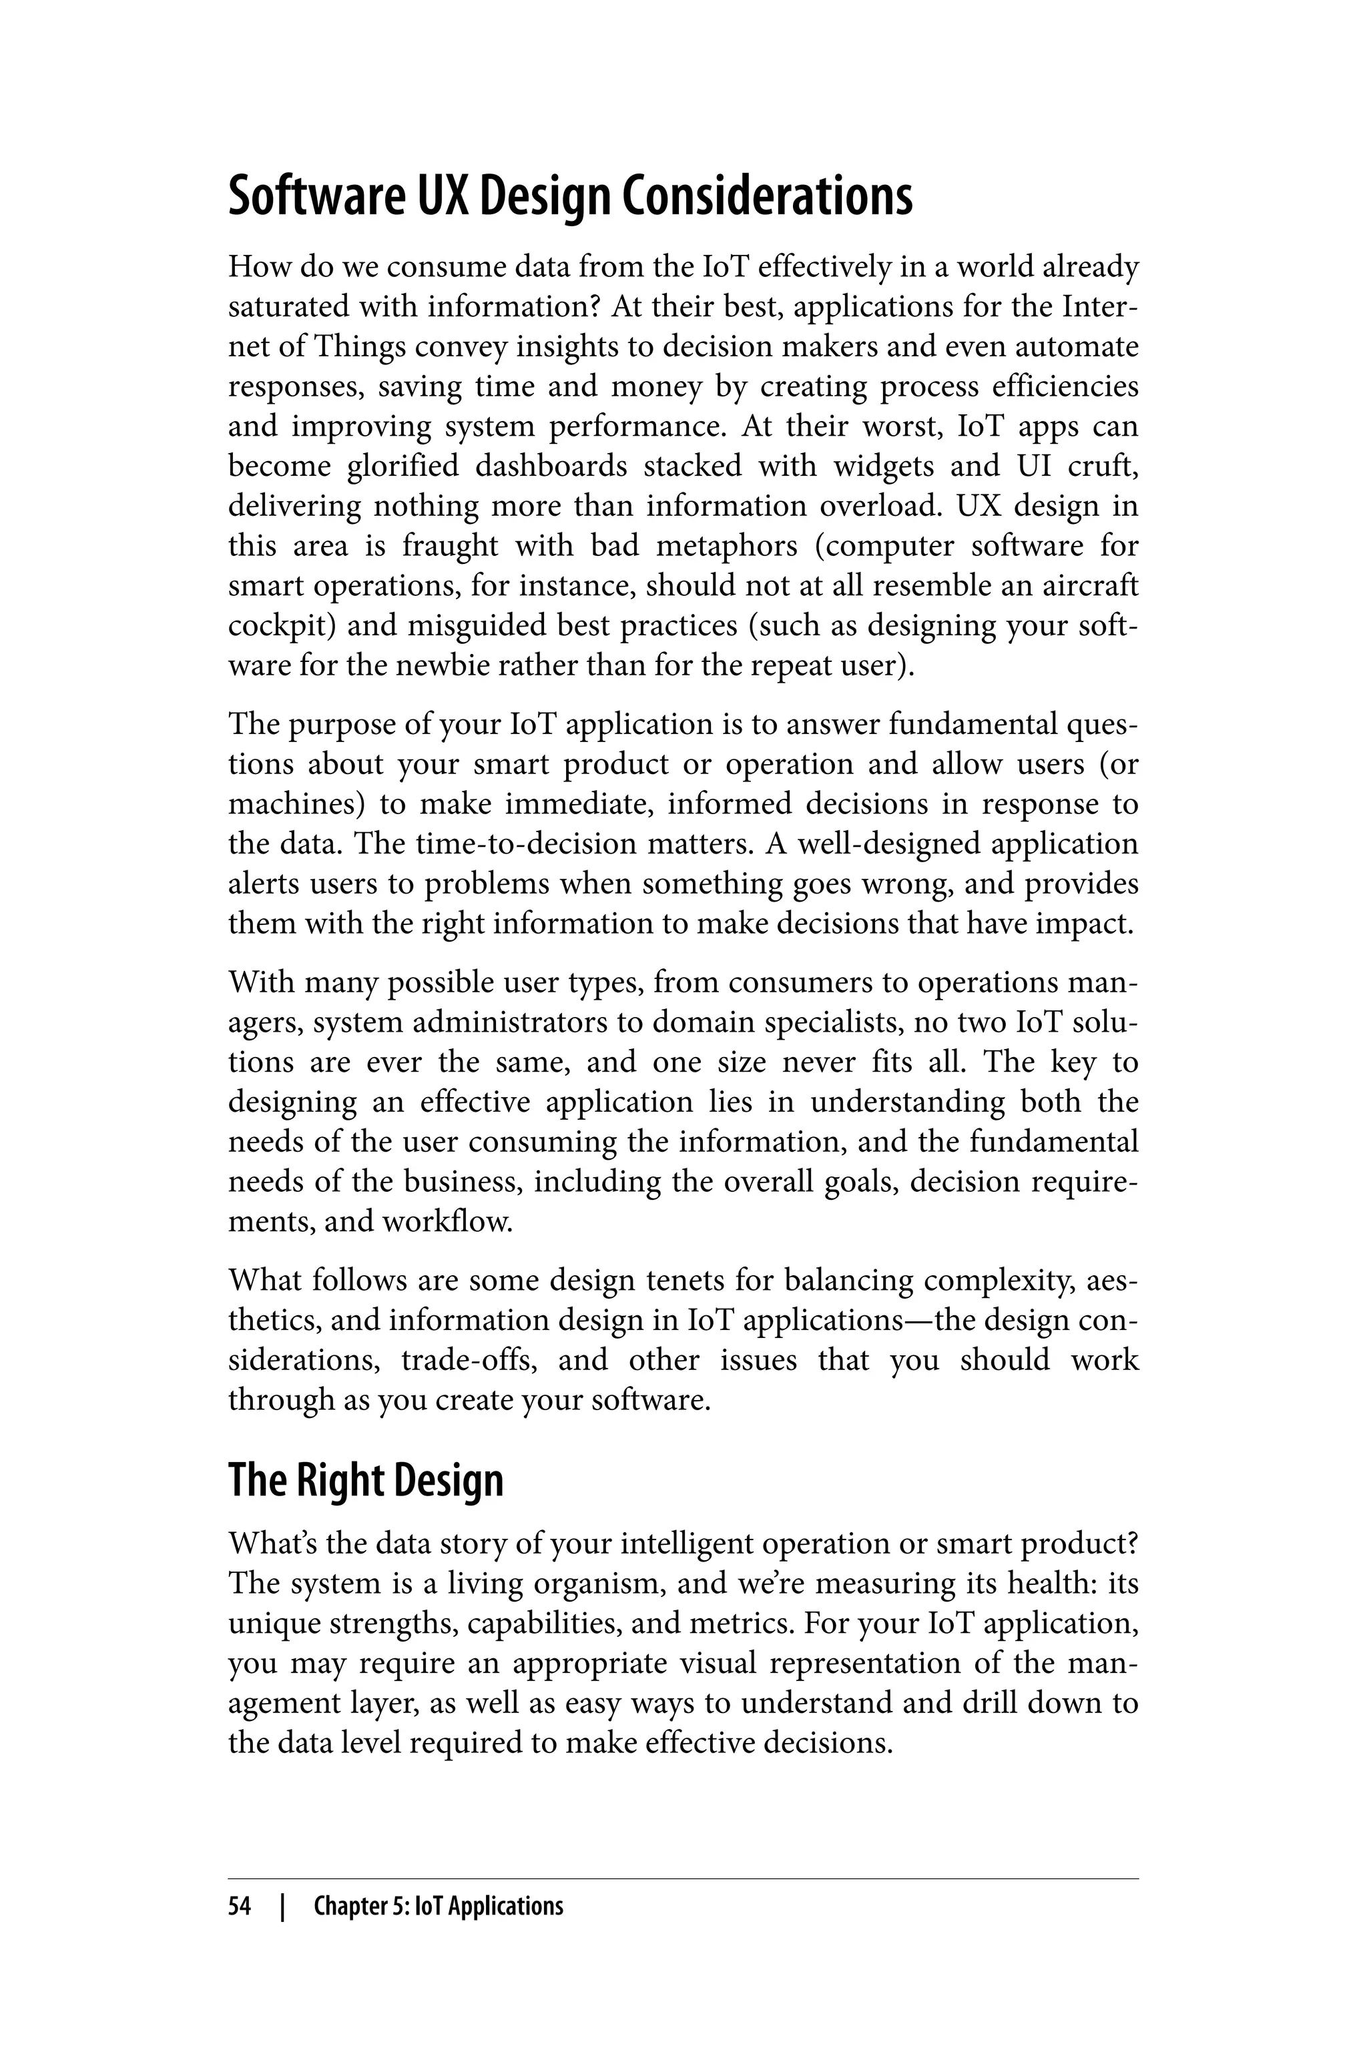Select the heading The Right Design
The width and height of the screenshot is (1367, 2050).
(366, 1480)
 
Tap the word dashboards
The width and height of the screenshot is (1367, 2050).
(551, 466)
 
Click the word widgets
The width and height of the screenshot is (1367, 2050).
(882, 466)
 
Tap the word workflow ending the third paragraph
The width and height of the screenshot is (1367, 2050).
(448, 1222)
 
